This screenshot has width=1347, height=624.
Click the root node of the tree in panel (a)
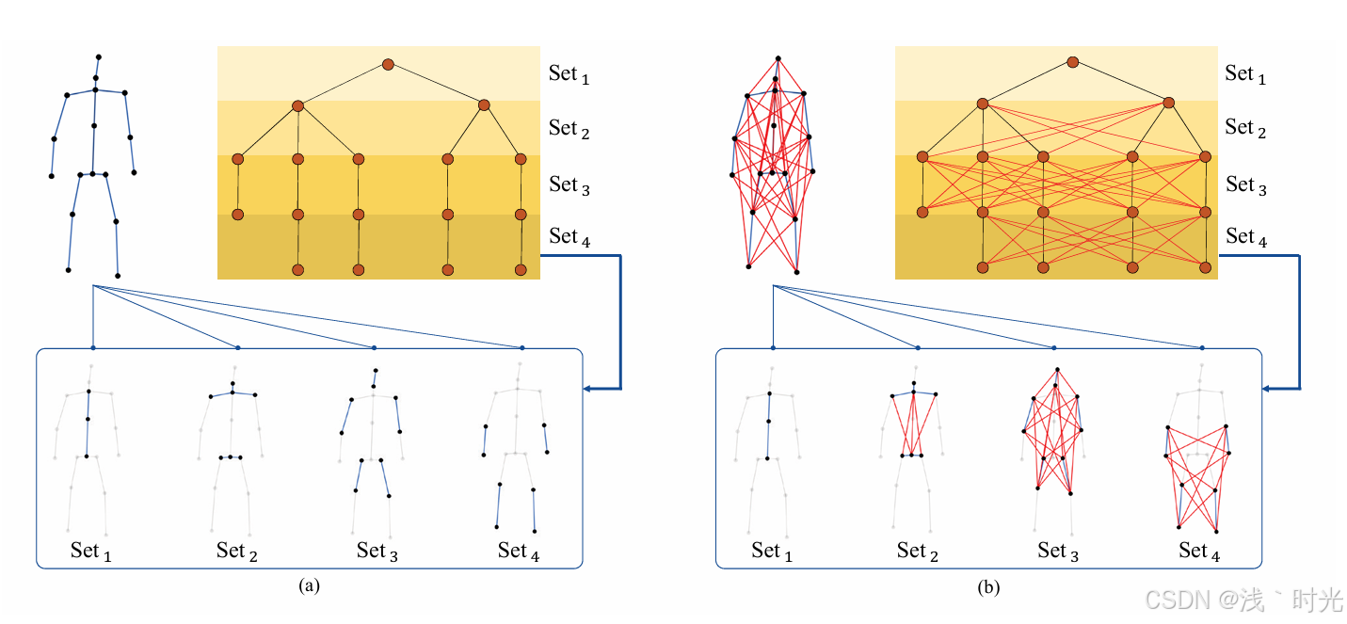coord(388,64)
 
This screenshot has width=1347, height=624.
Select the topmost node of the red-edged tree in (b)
coord(1072,61)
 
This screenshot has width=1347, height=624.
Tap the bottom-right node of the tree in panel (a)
coord(521,270)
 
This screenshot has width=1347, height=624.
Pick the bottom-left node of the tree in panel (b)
coord(983,267)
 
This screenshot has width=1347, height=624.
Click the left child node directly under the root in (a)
coord(297,106)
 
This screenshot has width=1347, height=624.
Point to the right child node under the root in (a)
coord(485,104)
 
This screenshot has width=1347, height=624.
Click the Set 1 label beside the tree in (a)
coord(569,74)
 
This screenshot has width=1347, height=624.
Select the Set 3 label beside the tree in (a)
coord(569,185)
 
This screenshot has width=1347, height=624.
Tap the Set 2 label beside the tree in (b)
coord(1245,128)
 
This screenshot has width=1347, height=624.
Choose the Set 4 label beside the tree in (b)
coord(1245,237)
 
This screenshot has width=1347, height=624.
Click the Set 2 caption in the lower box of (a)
coord(236,551)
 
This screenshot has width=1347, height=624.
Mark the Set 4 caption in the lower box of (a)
coord(519,551)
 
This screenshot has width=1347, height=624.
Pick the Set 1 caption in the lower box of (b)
coord(772,552)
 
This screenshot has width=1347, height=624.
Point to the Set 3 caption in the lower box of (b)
coord(1058,552)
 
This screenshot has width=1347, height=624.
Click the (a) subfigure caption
coord(309,585)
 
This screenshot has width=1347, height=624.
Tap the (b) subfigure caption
coord(988,587)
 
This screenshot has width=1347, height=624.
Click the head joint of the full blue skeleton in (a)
coord(99,57)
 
